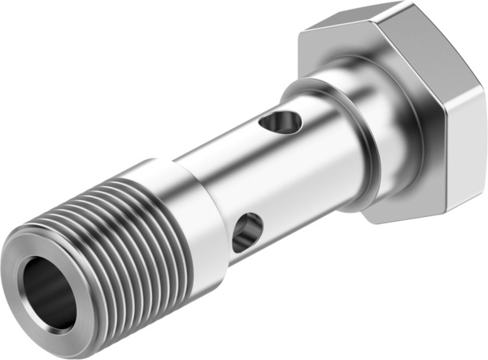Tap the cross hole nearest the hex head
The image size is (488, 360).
[x=280, y=123]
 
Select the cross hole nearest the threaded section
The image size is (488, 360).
[x=246, y=233]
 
